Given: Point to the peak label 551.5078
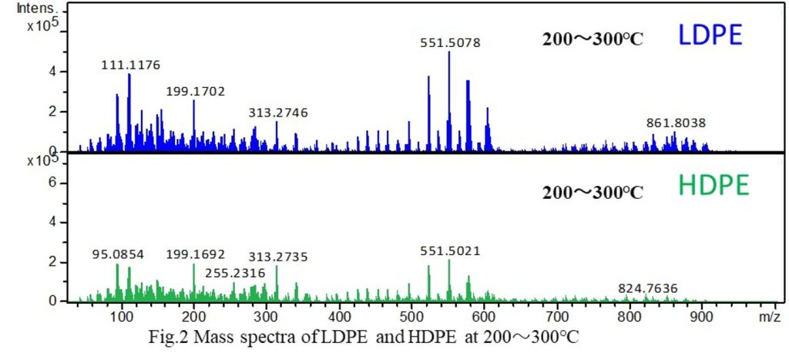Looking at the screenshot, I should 451,43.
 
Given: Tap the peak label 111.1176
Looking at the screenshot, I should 131,66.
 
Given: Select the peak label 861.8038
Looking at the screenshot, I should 676,123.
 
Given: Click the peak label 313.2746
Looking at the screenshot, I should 278,113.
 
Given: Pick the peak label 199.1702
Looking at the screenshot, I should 196,92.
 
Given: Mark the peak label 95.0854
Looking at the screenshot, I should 117,254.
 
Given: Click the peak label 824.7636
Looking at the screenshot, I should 648,288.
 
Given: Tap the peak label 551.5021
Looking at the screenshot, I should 450,251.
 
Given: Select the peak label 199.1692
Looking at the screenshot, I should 196,254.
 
